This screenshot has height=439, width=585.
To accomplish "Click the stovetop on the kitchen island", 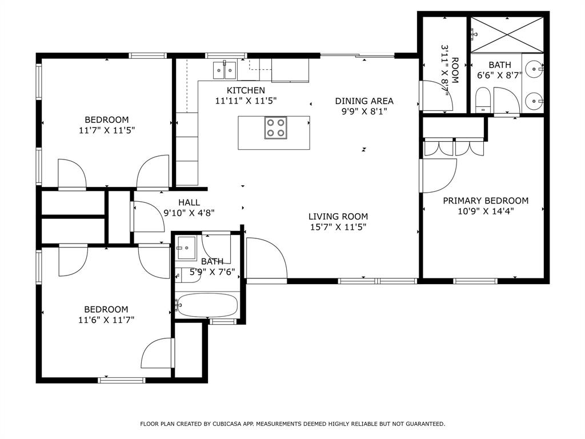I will (276, 127).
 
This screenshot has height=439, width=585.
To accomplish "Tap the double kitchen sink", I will (225, 70).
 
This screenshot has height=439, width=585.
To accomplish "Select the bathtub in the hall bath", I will (207, 305).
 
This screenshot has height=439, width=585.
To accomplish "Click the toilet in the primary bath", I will (483, 99).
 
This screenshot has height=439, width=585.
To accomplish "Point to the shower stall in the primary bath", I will (506, 35).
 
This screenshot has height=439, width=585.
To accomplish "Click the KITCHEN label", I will (246, 90).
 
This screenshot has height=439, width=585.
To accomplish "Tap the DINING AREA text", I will (364, 101).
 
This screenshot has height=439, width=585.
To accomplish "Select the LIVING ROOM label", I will (338, 217).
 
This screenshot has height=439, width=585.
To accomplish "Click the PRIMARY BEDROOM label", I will (486, 201).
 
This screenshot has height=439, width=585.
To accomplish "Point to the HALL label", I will (189, 202).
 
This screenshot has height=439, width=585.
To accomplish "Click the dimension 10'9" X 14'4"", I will (486, 211).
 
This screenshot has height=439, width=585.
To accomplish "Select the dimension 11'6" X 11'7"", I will (106, 320).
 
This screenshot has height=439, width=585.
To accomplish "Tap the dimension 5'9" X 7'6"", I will (213, 272).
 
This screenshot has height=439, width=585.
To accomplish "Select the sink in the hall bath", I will (186, 247).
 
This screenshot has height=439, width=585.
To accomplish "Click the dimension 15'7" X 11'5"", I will (338, 227).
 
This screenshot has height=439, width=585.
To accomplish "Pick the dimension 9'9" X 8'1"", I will (364, 111).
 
